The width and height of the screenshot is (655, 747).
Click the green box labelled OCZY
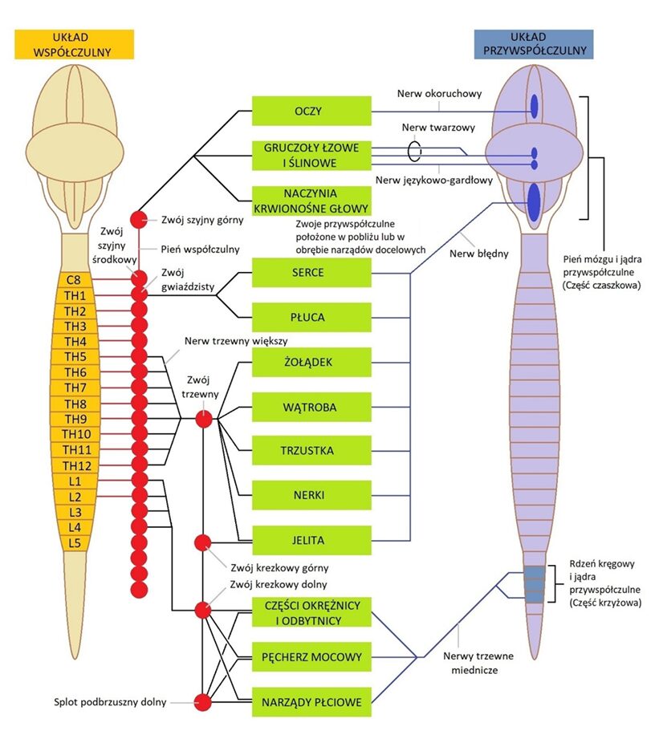tap(311, 111)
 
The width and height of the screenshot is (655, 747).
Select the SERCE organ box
tap(311, 273)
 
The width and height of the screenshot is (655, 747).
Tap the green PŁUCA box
tap(311, 318)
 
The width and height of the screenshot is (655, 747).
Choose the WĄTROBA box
tap(311, 408)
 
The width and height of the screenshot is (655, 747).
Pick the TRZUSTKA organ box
tap(311, 451)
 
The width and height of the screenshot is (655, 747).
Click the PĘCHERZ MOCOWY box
tap(311, 657)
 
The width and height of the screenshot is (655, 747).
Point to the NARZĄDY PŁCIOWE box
tap(311, 704)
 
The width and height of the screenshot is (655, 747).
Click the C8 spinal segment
tap(74, 280)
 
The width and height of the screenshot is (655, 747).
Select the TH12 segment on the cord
tap(74, 466)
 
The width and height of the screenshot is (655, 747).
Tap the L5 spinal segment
tap(74, 543)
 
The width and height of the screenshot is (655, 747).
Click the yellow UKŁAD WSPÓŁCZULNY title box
tap(73, 44)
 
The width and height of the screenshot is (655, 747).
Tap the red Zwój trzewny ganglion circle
tap(203, 418)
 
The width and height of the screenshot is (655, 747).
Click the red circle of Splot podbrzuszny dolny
tap(203, 703)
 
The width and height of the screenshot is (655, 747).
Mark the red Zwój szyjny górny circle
tap(139, 218)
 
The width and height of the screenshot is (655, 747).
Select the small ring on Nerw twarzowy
tap(414, 150)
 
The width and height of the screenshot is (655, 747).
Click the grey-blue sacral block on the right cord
tap(535, 583)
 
